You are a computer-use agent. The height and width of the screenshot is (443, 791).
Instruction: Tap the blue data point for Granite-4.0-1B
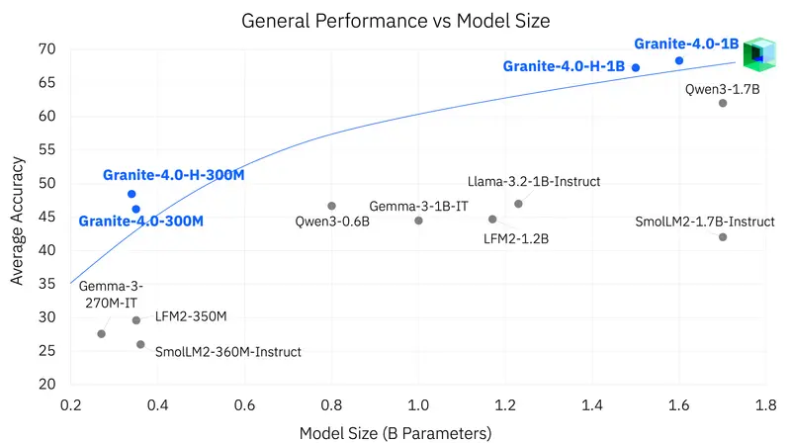click(x=679, y=60)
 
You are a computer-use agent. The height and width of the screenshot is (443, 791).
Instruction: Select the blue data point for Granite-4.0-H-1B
click(x=636, y=67)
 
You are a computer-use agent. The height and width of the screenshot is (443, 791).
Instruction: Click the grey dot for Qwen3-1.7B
click(x=723, y=103)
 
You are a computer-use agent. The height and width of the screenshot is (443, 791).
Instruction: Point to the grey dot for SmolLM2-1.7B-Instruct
click(x=723, y=236)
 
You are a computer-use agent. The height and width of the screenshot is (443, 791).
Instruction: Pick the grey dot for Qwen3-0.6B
click(x=331, y=206)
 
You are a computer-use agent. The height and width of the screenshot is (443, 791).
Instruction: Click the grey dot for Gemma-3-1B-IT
click(x=418, y=221)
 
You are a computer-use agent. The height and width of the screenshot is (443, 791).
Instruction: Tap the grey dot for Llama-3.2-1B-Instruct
click(x=518, y=204)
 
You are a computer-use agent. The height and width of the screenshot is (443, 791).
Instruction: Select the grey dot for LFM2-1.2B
click(x=492, y=220)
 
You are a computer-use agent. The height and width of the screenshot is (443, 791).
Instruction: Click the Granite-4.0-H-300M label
click(x=173, y=175)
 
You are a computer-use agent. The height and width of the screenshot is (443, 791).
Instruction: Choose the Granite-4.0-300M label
click(x=140, y=221)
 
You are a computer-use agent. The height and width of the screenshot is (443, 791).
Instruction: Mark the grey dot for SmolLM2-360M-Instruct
click(x=140, y=344)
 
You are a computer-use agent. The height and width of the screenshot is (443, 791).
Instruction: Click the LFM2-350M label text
click(x=192, y=318)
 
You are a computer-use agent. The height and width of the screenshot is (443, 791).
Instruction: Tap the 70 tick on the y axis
click(x=48, y=49)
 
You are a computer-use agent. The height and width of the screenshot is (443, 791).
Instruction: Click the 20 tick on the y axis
click(x=48, y=384)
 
